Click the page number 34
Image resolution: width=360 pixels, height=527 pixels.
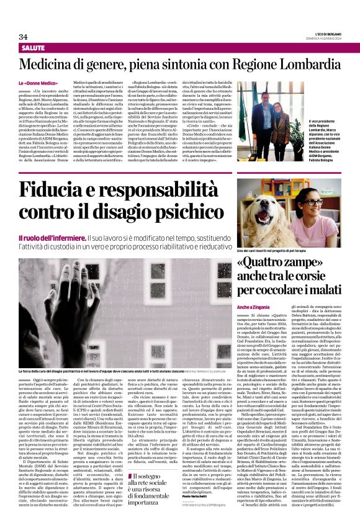point(24,37)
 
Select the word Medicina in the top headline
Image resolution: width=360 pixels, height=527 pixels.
point(50,65)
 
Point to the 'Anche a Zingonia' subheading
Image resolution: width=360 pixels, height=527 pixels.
point(251,307)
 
